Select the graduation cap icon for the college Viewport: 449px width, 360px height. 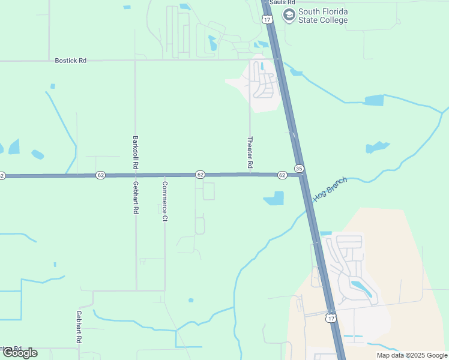click(289, 15)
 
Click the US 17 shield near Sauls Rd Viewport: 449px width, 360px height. click(267, 19)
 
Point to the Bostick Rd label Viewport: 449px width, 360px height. click(70, 61)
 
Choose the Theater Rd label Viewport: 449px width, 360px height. click(250, 152)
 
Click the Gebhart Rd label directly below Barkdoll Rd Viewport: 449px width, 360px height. click(136, 198)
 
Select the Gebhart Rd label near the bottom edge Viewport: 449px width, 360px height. click(79, 327)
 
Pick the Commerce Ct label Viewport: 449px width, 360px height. click(164, 201)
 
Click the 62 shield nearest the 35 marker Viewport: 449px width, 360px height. click(282, 175)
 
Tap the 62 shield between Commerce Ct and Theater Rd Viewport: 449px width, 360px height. click(200, 175)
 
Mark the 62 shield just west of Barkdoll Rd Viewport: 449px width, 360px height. click(100, 175)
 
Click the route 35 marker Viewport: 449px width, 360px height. click(299, 169)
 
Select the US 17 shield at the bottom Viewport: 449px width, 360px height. click(331, 317)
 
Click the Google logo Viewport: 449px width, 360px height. click(20, 352)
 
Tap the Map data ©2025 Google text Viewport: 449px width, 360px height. click(412, 355)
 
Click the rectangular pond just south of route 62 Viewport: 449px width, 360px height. click(274, 198)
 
